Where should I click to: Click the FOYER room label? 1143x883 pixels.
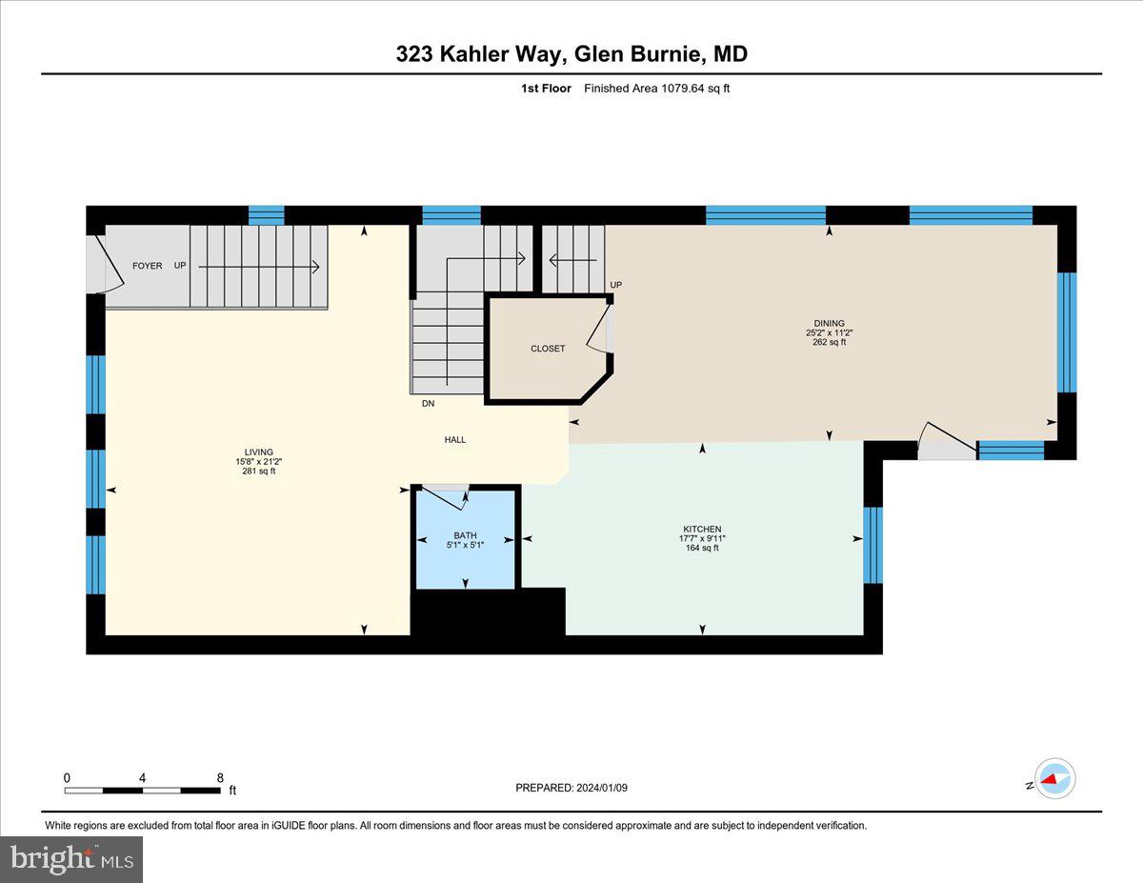(147, 266)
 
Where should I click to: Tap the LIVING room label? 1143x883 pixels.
(258, 452)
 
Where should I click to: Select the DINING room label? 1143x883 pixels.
(829, 323)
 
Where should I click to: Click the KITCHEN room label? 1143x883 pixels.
(702, 529)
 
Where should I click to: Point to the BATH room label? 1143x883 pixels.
(465, 535)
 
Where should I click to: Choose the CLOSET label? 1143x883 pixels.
(548, 349)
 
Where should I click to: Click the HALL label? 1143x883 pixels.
(455, 439)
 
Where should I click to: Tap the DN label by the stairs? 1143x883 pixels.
(429, 404)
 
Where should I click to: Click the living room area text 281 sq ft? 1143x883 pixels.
(258, 471)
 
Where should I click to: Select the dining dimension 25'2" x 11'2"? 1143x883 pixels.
(829, 332)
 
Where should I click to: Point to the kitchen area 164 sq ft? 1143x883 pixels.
(702, 548)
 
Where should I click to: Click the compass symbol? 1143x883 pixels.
(1053, 778)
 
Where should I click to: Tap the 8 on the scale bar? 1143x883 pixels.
(220, 777)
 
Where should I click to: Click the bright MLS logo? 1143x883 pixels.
(71, 859)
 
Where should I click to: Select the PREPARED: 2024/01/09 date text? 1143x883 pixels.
(571, 788)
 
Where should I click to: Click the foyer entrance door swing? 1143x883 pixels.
(105, 264)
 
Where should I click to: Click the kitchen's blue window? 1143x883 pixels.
(872, 545)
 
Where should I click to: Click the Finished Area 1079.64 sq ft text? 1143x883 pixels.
(656, 89)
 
